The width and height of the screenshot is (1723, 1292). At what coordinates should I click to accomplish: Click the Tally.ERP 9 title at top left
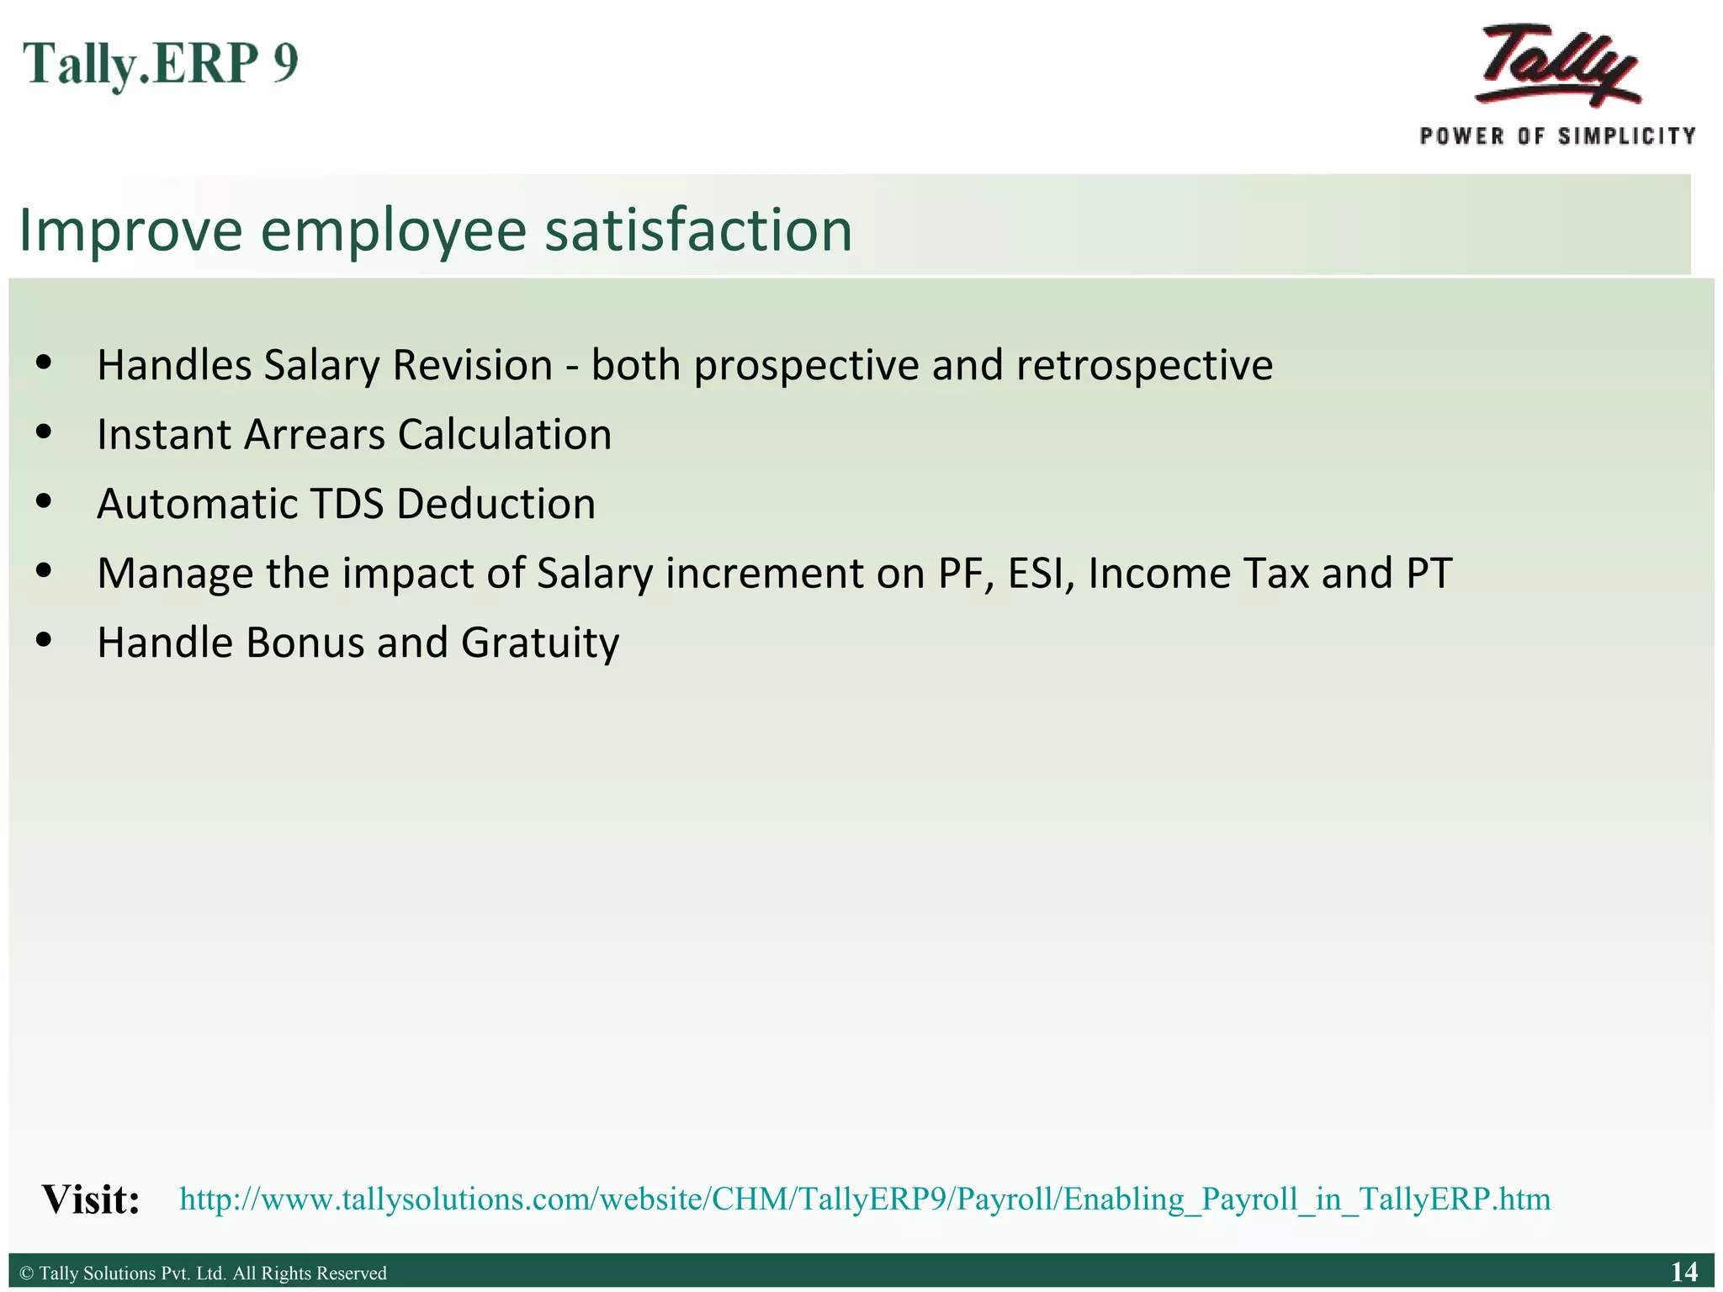[x=160, y=65]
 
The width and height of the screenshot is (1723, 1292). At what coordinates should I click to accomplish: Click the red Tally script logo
[x=1558, y=66]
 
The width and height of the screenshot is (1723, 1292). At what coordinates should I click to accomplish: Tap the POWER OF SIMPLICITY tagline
[x=1557, y=136]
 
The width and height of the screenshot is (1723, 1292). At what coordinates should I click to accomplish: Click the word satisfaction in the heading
[x=698, y=230]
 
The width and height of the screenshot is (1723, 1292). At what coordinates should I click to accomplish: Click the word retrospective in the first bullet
[x=1144, y=366]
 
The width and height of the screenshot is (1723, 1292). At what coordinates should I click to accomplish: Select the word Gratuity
[x=539, y=643]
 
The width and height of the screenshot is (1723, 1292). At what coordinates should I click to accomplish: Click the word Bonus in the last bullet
[x=305, y=643]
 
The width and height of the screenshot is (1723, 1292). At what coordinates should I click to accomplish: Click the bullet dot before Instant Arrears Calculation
[x=45, y=432]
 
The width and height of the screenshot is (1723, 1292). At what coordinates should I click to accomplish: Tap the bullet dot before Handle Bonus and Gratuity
[x=45, y=640]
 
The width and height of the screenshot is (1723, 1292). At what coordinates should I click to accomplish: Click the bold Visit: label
[x=91, y=1199]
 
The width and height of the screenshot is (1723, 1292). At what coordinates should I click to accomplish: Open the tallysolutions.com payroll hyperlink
[x=865, y=1199]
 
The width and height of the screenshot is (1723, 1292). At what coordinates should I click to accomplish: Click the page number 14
[x=1683, y=1272]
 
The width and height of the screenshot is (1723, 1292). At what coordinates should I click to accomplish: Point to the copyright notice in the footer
[x=203, y=1273]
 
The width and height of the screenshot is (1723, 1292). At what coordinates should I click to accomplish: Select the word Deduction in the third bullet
[x=496, y=505]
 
